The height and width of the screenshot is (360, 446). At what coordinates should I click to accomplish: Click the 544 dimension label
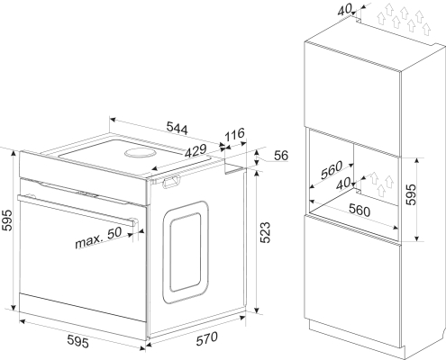pyautogui.click(x=177, y=128)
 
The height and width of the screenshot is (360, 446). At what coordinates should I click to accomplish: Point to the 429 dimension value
pyautogui.click(x=196, y=151)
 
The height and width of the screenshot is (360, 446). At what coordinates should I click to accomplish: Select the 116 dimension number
pyautogui.click(x=235, y=134)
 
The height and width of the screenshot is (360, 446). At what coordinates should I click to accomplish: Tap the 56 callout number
pyautogui.click(x=281, y=156)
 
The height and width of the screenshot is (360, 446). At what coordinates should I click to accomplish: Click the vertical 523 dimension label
pyautogui.click(x=265, y=232)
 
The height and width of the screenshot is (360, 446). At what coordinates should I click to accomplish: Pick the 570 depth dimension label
pyautogui.click(x=207, y=338)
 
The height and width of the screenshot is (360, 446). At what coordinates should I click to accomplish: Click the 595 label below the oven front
pyautogui.click(x=77, y=341)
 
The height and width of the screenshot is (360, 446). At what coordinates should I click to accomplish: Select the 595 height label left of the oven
pyautogui.click(x=7, y=220)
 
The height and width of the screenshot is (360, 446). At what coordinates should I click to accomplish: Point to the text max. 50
pyautogui.click(x=98, y=238)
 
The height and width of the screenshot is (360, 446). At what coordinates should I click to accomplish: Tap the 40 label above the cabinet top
pyautogui.click(x=344, y=10)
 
